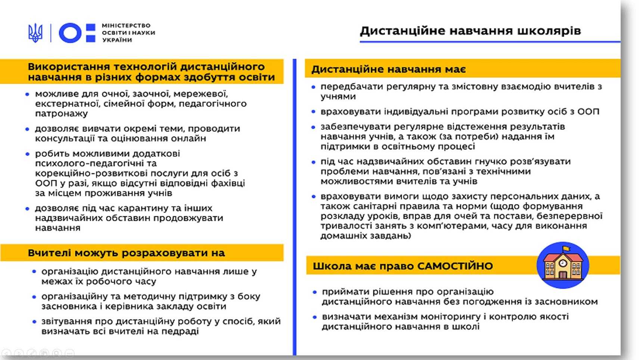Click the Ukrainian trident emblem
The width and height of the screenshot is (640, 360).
35,33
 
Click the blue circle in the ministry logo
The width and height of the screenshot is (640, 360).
70,33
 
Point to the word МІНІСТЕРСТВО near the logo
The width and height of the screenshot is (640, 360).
126,25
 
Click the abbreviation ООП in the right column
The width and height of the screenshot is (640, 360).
588,112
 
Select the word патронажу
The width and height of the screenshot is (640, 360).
61,114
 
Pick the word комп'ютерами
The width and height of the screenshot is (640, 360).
453,226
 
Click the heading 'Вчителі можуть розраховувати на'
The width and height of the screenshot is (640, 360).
126,253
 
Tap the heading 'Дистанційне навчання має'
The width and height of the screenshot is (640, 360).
388,69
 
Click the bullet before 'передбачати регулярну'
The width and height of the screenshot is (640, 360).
313,87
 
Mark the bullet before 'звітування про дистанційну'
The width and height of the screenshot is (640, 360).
34,322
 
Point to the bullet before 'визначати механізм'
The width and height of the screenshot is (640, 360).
315,317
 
